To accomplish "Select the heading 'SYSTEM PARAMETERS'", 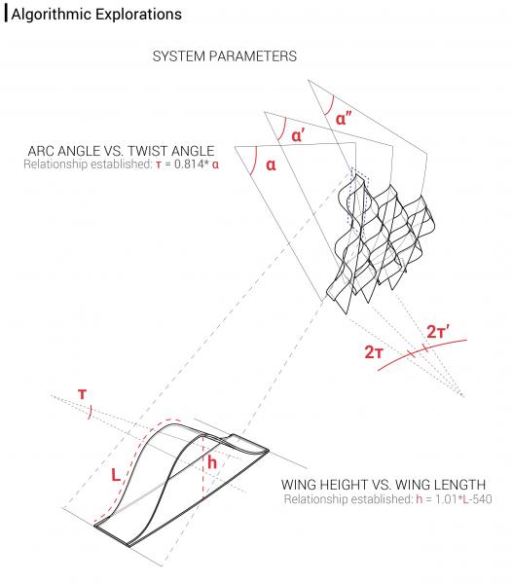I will click(225, 57).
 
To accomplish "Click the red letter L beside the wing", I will click(115, 477).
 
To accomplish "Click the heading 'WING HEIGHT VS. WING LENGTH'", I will click(384, 484).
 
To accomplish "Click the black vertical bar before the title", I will click(6, 15).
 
